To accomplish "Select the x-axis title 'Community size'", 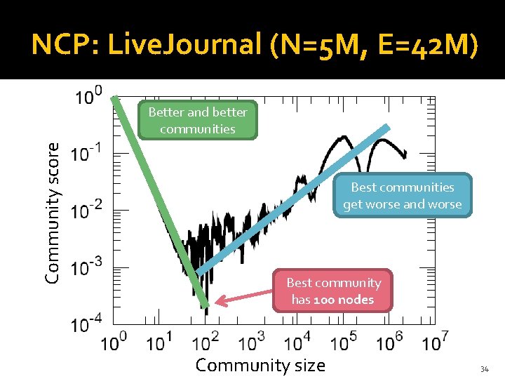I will (260, 365).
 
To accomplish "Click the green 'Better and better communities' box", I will (198, 120).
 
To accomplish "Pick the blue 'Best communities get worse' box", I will (402, 196).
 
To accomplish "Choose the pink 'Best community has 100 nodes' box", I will (333, 291).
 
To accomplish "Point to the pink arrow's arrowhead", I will (218, 302).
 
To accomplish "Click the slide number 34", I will (484, 369).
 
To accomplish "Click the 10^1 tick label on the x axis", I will (160, 342).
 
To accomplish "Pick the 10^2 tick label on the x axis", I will (206, 342).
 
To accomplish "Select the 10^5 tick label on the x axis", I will (344, 342).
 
